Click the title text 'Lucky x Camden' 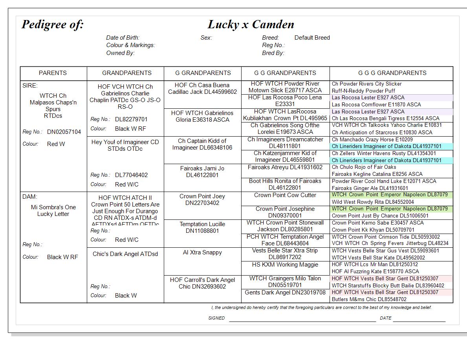[251, 24]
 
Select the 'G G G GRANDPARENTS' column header [392, 73]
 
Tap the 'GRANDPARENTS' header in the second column [126, 73]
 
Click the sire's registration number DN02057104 [64, 132]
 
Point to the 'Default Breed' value [312, 38]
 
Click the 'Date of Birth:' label [123, 38]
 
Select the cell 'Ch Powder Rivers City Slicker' [366, 84]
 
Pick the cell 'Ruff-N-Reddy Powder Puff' [363, 91]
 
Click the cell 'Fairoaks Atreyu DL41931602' [285, 167]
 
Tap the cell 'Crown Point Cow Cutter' [285, 195]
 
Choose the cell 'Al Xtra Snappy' [202, 252]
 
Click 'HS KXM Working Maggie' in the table [285, 265]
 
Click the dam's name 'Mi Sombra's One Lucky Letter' [53, 210]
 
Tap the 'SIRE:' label [30, 86]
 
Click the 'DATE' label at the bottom [385, 318]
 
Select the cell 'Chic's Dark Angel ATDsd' [125, 254]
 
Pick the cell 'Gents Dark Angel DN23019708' [285, 292]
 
